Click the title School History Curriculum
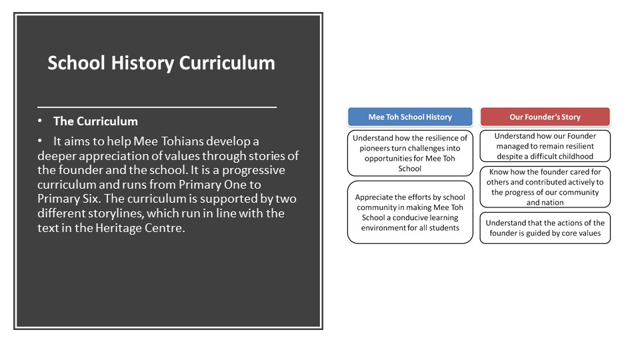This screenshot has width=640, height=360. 161,63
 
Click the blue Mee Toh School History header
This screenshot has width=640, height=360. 410,117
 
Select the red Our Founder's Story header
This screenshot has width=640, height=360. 545,117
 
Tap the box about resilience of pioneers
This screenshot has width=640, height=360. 410,153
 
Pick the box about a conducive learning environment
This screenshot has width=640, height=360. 410,212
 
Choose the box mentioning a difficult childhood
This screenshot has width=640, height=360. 545,146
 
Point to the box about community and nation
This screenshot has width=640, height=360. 545,187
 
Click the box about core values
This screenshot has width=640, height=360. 545,228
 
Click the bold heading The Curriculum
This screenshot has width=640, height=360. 95,121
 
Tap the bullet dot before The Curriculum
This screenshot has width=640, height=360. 40,121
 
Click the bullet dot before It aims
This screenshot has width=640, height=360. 40,141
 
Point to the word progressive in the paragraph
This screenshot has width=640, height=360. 253,170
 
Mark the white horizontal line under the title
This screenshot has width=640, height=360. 157,107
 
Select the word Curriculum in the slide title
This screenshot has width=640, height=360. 227,63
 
